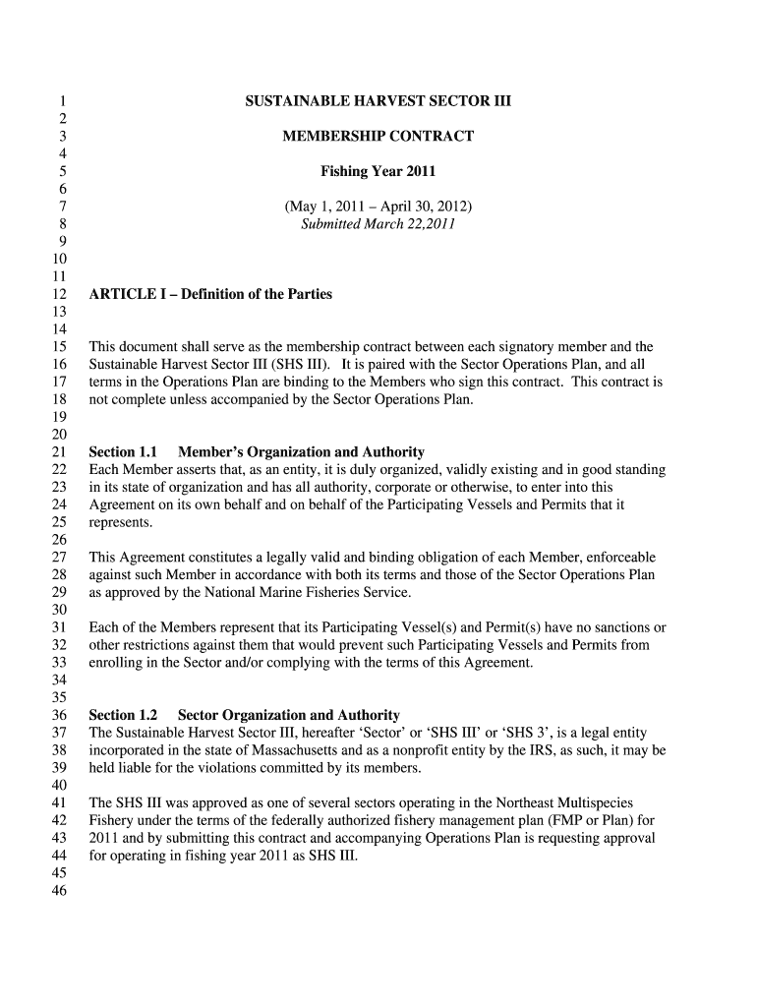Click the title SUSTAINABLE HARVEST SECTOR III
378,101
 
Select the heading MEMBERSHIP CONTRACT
378,136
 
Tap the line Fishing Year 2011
378,171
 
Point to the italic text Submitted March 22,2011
378,224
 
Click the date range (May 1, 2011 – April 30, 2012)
378,207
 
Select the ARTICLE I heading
210,294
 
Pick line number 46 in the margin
58,891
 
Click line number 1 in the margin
62,101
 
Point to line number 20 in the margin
58,435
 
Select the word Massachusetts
282,750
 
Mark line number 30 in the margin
58,610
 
